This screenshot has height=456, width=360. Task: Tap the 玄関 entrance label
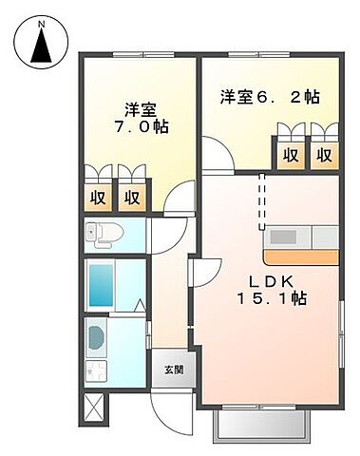(x=172, y=370)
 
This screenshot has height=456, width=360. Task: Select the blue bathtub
(x=101, y=284)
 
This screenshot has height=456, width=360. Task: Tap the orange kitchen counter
(x=298, y=256)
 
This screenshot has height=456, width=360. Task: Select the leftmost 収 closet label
(x=97, y=198)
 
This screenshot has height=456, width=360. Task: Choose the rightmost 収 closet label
(x=324, y=155)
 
